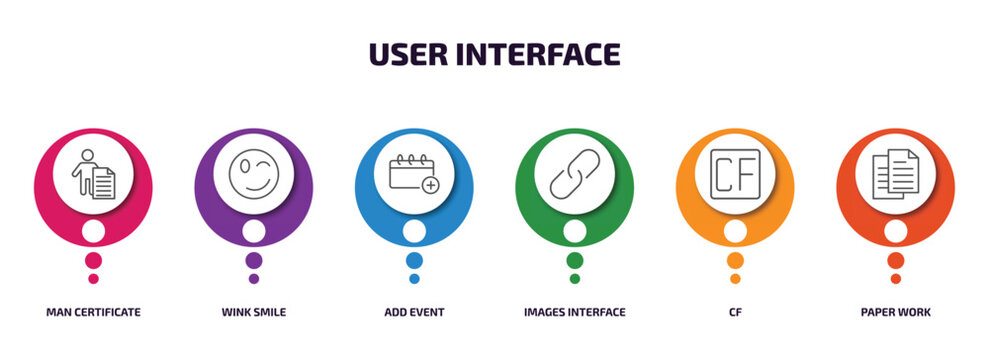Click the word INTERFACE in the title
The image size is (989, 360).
pos(543,53)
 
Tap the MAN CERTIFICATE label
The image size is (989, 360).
pos(93,312)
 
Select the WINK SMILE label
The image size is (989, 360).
pos(254,312)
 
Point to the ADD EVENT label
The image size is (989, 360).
pos(414,312)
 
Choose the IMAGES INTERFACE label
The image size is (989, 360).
pos(574,312)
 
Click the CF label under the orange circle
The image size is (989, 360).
pos(735,312)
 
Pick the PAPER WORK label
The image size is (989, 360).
pos(895,312)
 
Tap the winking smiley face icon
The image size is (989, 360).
pos(254,174)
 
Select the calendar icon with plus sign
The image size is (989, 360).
pos(414,173)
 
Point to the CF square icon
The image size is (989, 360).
pos(735,174)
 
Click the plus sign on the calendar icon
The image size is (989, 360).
pos(431,185)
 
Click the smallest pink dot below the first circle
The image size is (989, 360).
pos(93,279)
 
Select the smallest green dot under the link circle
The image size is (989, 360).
pos(574,279)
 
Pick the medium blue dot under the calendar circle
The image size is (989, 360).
pos(414,260)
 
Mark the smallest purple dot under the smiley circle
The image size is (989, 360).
pos(254,279)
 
